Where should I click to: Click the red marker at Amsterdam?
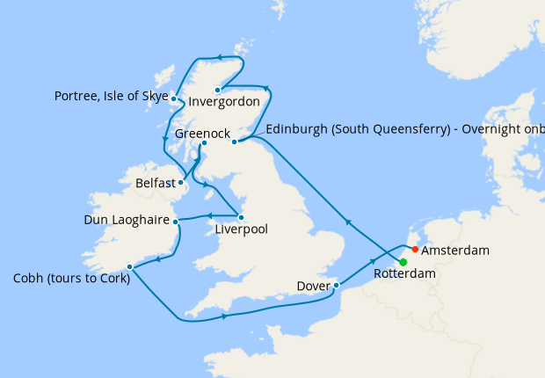click(x=415, y=249)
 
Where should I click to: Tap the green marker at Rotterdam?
click(x=403, y=262)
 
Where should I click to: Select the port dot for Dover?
click(x=336, y=285)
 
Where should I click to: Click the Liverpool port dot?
click(x=241, y=217)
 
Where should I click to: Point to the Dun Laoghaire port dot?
click(x=175, y=221)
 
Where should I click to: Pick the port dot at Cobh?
click(x=129, y=266)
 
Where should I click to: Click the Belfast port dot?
click(x=180, y=184)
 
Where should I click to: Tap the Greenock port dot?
click(x=203, y=143)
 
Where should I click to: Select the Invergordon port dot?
click(x=217, y=90)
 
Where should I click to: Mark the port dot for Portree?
click(x=173, y=98)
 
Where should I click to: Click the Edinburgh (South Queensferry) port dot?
click(x=234, y=142)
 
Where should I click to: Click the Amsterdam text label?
click(x=455, y=251)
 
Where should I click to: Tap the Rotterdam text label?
click(x=404, y=274)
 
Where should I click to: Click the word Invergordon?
click(x=224, y=102)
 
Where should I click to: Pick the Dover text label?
click(x=312, y=286)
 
